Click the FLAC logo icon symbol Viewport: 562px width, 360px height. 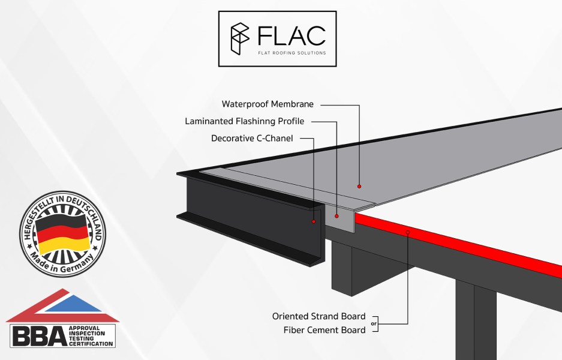[x=240, y=38]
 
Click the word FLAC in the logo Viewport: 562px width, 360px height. [x=291, y=35]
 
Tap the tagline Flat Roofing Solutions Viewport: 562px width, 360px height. [x=291, y=53]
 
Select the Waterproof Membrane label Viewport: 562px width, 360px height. [x=268, y=104]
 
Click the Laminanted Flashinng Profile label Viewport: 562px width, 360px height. [x=244, y=121]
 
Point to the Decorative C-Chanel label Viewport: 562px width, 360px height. [x=252, y=138]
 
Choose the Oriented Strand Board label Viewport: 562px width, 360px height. [x=318, y=316]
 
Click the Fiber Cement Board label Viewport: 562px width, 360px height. [x=324, y=330]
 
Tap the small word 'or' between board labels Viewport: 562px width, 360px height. [x=374, y=323]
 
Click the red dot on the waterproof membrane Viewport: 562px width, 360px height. [x=359, y=186]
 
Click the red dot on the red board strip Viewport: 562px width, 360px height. [x=407, y=232]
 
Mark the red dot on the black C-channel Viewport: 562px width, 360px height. [x=313, y=221]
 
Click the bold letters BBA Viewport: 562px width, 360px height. [x=37, y=336]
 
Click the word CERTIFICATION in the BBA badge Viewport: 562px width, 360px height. [x=91, y=344]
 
